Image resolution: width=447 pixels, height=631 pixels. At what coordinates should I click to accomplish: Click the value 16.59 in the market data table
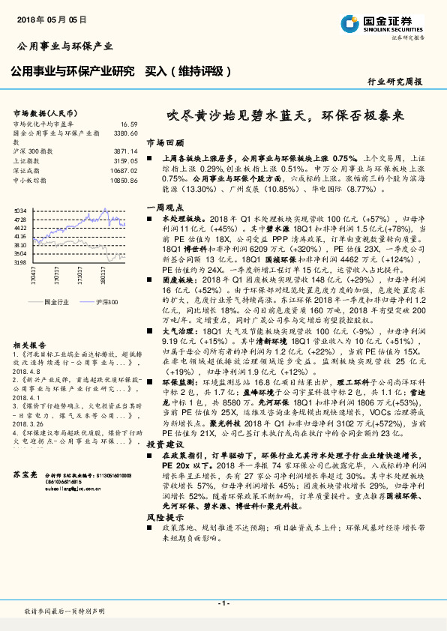coord(128,124)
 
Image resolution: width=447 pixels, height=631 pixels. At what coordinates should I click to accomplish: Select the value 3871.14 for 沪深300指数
coord(124,151)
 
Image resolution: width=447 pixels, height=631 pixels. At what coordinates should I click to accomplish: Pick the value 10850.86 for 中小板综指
coord(124,180)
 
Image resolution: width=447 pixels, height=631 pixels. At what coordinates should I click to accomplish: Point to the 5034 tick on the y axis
coord(20,211)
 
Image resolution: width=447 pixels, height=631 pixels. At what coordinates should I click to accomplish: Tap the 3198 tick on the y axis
coord(20,262)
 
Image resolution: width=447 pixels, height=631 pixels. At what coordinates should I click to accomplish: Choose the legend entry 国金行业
coord(57,301)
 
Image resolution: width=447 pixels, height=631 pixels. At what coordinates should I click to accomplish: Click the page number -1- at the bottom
coord(223,603)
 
